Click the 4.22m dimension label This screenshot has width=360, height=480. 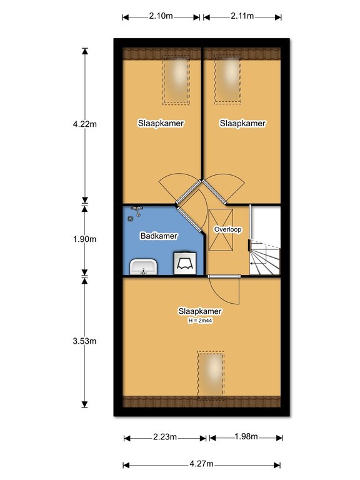tap(85, 124)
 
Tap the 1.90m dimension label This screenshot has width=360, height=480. tap(85, 239)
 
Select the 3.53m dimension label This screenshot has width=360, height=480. tap(85, 341)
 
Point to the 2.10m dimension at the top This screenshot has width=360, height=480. tap(161, 16)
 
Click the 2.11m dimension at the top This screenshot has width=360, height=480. tap(242, 16)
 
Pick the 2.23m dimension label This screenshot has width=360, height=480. tap(165, 437)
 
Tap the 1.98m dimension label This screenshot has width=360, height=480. tap(246, 436)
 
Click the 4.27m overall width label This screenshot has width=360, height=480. tap(201, 464)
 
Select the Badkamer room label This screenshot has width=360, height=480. tap(159, 236)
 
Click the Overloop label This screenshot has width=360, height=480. tap(227, 229)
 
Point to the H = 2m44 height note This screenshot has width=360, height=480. tap(200, 321)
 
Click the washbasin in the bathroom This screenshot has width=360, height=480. tap(144, 267)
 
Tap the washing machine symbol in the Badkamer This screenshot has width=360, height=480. tap(185, 263)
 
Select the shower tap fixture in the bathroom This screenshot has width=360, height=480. tap(137, 211)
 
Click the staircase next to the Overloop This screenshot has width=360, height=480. tap(265, 257)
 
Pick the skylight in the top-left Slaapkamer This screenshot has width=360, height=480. tap(176, 80)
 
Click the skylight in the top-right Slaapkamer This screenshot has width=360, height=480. tap(227, 79)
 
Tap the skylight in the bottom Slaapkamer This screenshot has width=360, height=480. tap(211, 376)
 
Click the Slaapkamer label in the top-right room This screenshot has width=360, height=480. tap(242, 123)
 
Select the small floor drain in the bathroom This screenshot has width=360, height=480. tap(131, 219)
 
